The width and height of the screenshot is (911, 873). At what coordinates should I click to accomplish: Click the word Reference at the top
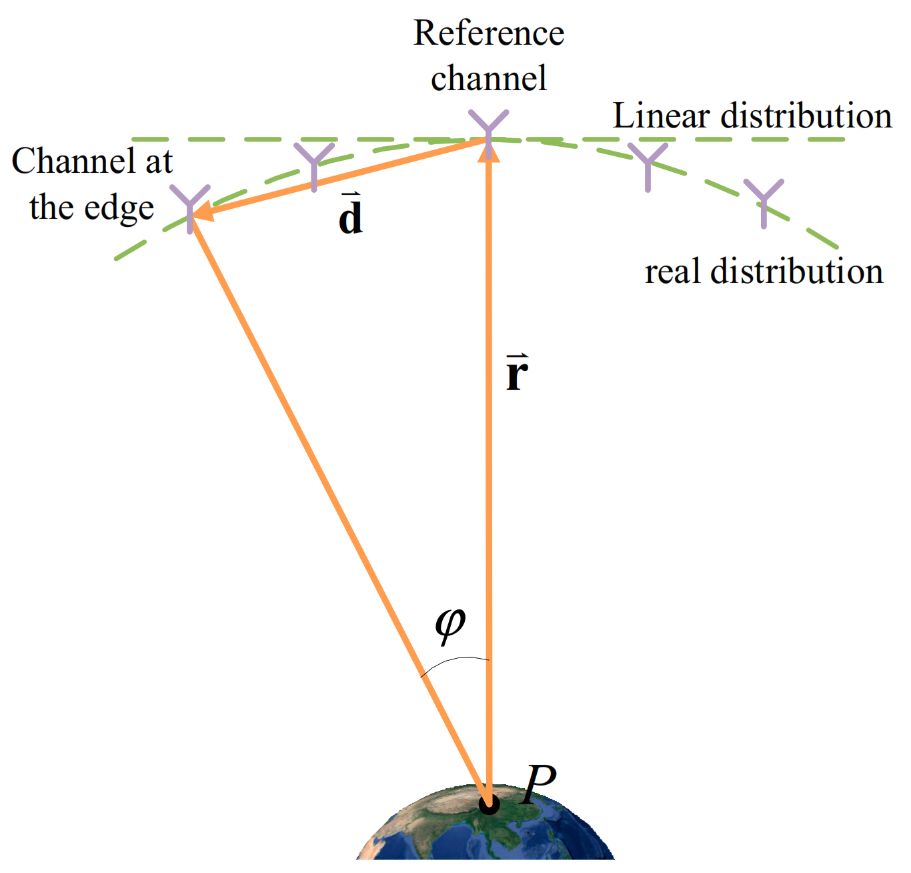point(489,33)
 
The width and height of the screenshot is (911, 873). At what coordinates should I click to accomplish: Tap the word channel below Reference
point(489,78)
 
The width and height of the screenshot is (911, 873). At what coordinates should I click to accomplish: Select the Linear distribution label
point(752,116)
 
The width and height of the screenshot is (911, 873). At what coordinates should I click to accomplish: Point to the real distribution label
point(764,272)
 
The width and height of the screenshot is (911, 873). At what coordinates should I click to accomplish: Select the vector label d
point(351,216)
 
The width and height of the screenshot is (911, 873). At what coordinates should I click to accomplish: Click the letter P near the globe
point(539,785)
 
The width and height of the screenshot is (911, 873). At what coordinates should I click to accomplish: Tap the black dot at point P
point(490,804)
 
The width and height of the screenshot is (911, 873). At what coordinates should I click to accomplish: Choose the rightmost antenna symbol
point(764,200)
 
